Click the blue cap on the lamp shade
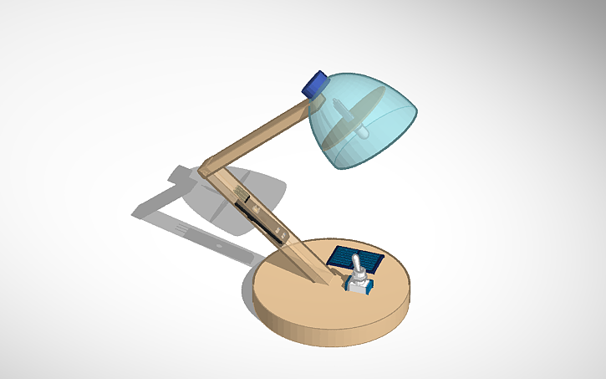(x=316, y=83)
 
